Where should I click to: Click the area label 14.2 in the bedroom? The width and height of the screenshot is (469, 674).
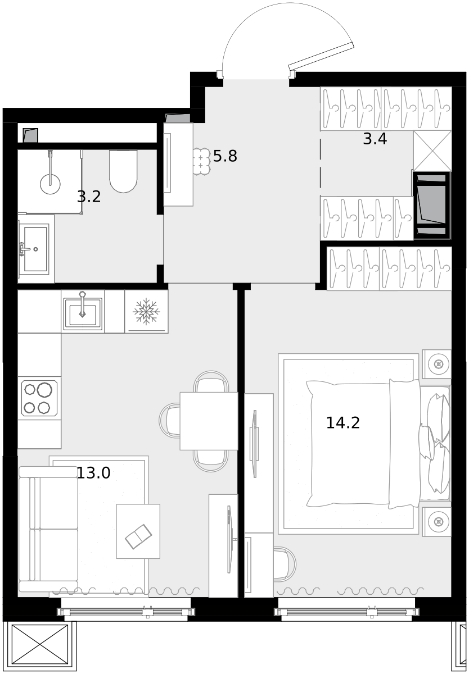pyautogui.click(x=343, y=423)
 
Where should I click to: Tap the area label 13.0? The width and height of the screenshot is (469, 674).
pyautogui.click(x=94, y=473)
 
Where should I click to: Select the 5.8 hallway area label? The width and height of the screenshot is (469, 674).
pyautogui.click(x=225, y=156)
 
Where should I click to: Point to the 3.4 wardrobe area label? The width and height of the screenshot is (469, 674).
pyautogui.click(x=375, y=139)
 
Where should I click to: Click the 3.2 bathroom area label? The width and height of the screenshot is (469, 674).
pyautogui.click(x=89, y=197)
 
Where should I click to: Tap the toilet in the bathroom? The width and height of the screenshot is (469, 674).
pyautogui.click(x=123, y=171)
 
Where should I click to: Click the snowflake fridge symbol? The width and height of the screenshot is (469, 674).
pyautogui.click(x=146, y=311)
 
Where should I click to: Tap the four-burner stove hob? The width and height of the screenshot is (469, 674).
pyautogui.click(x=39, y=398)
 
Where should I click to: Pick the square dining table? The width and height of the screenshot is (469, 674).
pyautogui.click(x=209, y=421)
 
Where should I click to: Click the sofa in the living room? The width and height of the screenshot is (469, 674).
pyautogui.click(x=48, y=529)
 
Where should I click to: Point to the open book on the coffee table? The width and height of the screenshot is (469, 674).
pyautogui.click(x=138, y=536)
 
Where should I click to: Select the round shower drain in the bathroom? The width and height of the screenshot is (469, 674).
pyautogui.click(x=50, y=184)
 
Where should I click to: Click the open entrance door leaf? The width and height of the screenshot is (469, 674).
pyautogui.click(x=321, y=56)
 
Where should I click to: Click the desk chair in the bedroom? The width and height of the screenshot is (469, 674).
pyautogui.click(x=285, y=564)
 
